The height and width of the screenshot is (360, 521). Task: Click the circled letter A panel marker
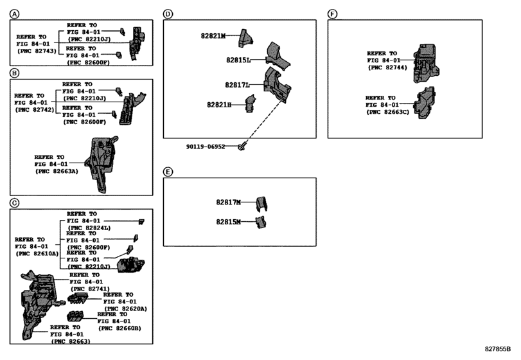click(x=14, y=14)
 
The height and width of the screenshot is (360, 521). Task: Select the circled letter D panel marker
click(x=168, y=14)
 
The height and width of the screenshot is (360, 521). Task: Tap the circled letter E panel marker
click(x=168, y=172)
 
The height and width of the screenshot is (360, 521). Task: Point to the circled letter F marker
click(x=332, y=14)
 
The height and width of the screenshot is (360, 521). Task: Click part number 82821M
click(x=212, y=37)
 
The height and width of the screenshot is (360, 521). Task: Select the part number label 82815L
click(x=238, y=60)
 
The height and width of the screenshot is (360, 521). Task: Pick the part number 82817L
click(x=237, y=84)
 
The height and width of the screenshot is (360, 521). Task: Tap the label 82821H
click(x=218, y=104)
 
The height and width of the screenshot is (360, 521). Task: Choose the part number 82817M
click(x=228, y=203)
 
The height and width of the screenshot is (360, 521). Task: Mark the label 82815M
click(x=228, y=222)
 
